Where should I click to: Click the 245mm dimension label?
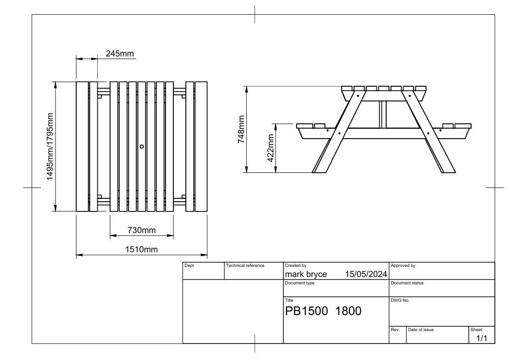coord(120,54)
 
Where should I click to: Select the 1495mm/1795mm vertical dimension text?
coord(50,146)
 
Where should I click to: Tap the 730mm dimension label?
coord(141,230)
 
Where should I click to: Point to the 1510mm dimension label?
coord(141,249)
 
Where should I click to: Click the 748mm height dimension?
coord(241,129)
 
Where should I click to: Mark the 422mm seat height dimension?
coord(271,148)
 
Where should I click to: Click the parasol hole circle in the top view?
coord(142,146)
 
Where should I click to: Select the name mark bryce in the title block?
coord(306,274)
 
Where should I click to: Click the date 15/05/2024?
coord(366,274)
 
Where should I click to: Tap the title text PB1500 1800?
coord(323,311)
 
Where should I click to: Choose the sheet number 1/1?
coord(482,338)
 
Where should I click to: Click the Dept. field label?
coord(189,266)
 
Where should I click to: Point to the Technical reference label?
coord(245,266)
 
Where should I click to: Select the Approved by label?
coord(403,266)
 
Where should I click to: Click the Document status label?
coord(407,283)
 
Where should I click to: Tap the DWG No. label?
coord(400,300)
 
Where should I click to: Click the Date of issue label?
coord(421,330)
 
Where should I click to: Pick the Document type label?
coord(299,283)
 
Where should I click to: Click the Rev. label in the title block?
coord(395,330)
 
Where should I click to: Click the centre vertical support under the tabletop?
coord(383,114)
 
